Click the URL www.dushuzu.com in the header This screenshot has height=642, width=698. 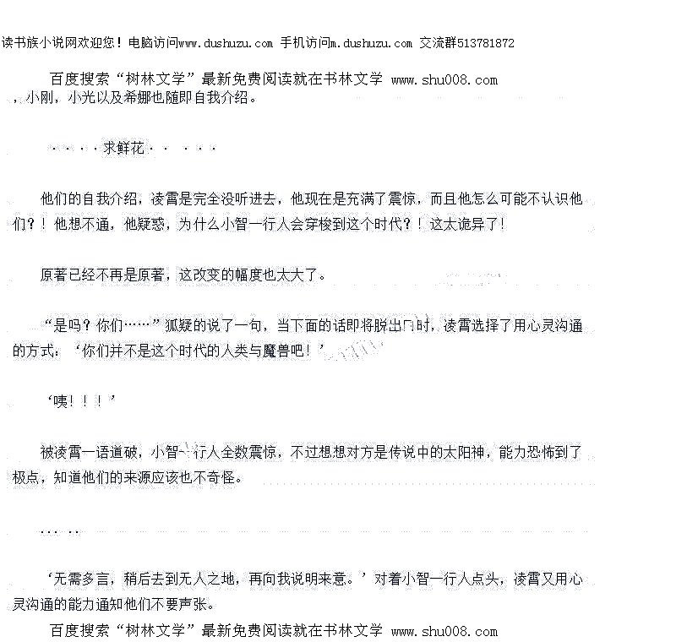(x=226, y=43)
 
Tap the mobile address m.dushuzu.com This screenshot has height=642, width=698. (x=371, y=43)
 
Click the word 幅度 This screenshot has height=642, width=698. (x=248, y=275)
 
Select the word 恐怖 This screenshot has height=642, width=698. (x=548, y=453)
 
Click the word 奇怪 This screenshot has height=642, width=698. (x=226, y=478)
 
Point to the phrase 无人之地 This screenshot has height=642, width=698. (x=215, y=579)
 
